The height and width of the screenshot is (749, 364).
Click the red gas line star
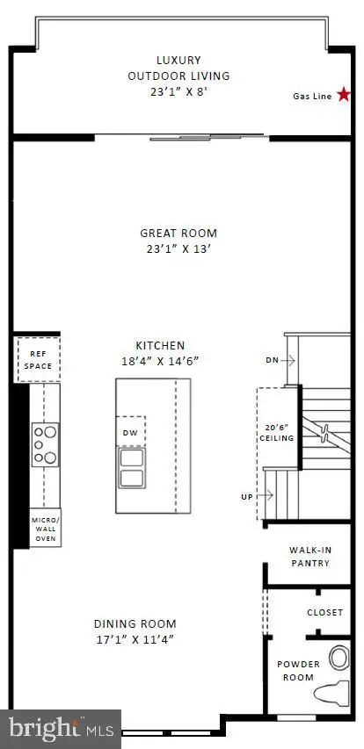pyautogui.click(x=344, y=95)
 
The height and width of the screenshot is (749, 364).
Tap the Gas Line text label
pyautogui.click(x=312, y=96)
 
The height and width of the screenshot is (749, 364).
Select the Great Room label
pyautogui.click(x=178, y=233)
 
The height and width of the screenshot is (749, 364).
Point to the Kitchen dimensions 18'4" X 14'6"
pyautogui.click(x=160, y=361)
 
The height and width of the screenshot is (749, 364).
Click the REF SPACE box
pyautogui.click(x=39, y=359)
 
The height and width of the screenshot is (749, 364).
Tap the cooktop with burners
pyautogui.click(x=46, y=444)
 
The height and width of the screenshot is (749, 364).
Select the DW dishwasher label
pyautogui.click(x=131, y=433)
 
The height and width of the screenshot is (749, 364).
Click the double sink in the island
pyautogui.click(x=132, y=468)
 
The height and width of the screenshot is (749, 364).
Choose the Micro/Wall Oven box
pyautogui.click(x=45, y=528)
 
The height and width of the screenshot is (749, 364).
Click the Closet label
pyautogui.click(x=325, y=612)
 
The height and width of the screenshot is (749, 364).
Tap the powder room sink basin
pyautogui.click(x=340, y=658)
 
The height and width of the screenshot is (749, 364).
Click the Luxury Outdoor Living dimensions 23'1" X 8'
pyautogui.click(x=178, y=91)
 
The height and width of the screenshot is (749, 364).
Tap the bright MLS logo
pyautogui.click(x=62, y=729)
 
